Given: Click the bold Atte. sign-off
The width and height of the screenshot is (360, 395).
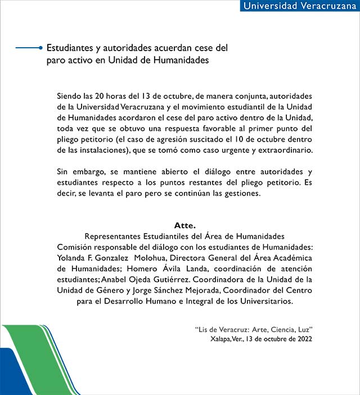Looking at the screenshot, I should click(184, 225).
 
